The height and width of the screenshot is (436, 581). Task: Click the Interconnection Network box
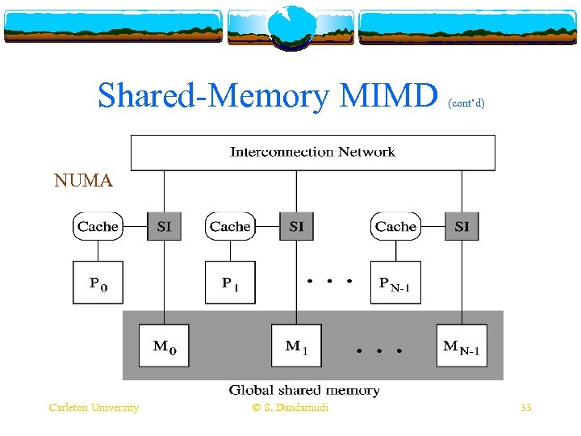312,152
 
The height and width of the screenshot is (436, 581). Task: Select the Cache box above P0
98,227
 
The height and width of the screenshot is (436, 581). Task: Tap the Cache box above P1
230,227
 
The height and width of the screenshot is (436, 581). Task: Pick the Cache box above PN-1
395,227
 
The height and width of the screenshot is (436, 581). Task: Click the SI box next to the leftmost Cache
164,227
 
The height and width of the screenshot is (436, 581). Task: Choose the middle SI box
296,227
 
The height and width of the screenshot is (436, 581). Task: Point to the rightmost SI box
462,227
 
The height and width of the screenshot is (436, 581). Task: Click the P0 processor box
98,283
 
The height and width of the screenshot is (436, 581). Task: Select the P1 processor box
230,283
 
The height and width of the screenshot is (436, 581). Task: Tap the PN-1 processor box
395,283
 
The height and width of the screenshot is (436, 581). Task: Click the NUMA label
83,181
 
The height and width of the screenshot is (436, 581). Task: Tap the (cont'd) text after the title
466,103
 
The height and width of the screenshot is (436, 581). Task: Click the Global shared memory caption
304,391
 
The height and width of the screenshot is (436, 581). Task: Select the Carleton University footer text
94,408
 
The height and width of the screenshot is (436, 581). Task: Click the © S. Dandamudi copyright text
290,408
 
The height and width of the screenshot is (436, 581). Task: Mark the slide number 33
526,408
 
